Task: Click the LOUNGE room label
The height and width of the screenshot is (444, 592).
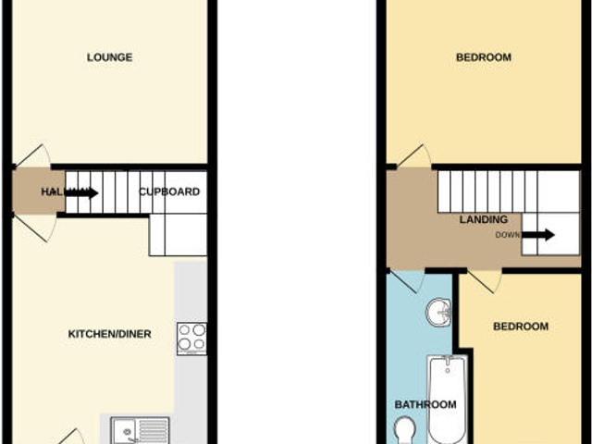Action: coord(109,57)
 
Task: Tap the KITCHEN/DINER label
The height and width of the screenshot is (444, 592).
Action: coord(109,334)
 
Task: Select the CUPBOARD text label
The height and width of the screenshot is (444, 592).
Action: coord(169,192)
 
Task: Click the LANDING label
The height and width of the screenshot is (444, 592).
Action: coord(483,220)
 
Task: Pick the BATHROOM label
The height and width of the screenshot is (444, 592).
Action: coord(425,404)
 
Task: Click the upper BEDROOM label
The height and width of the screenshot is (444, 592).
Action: coord(483,57)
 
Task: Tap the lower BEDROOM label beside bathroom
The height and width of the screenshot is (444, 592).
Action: coord(520,327)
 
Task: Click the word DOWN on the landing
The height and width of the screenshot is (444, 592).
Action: coord(508,235)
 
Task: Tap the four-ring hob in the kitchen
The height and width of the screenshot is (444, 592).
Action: coord(192,337)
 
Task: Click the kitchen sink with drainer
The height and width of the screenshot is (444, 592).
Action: coord(140,430)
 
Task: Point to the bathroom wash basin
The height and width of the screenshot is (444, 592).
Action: coord(438,314)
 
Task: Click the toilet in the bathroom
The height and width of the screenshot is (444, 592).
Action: coord(403,430)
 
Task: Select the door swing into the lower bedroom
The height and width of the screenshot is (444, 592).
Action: coord(483,279)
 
